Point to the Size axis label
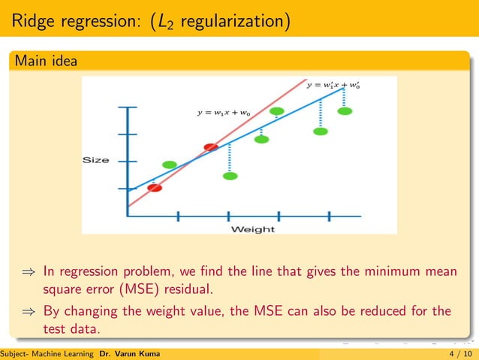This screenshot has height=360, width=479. click(x=96, y=160)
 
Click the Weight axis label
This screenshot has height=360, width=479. click(x=252, y=228)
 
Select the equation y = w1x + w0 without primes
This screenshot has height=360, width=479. click(x=224, y=113)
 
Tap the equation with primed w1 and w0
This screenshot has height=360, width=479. click(x=337, y=86)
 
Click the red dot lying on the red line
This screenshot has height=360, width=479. click(x=211, y=147)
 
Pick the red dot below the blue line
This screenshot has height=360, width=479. click(x=155, y=188)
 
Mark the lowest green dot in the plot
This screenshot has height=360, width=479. click(x=230, y=176)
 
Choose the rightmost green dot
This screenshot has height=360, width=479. click(x=345, y=111)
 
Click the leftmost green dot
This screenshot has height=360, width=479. click(x=170, y=165)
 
